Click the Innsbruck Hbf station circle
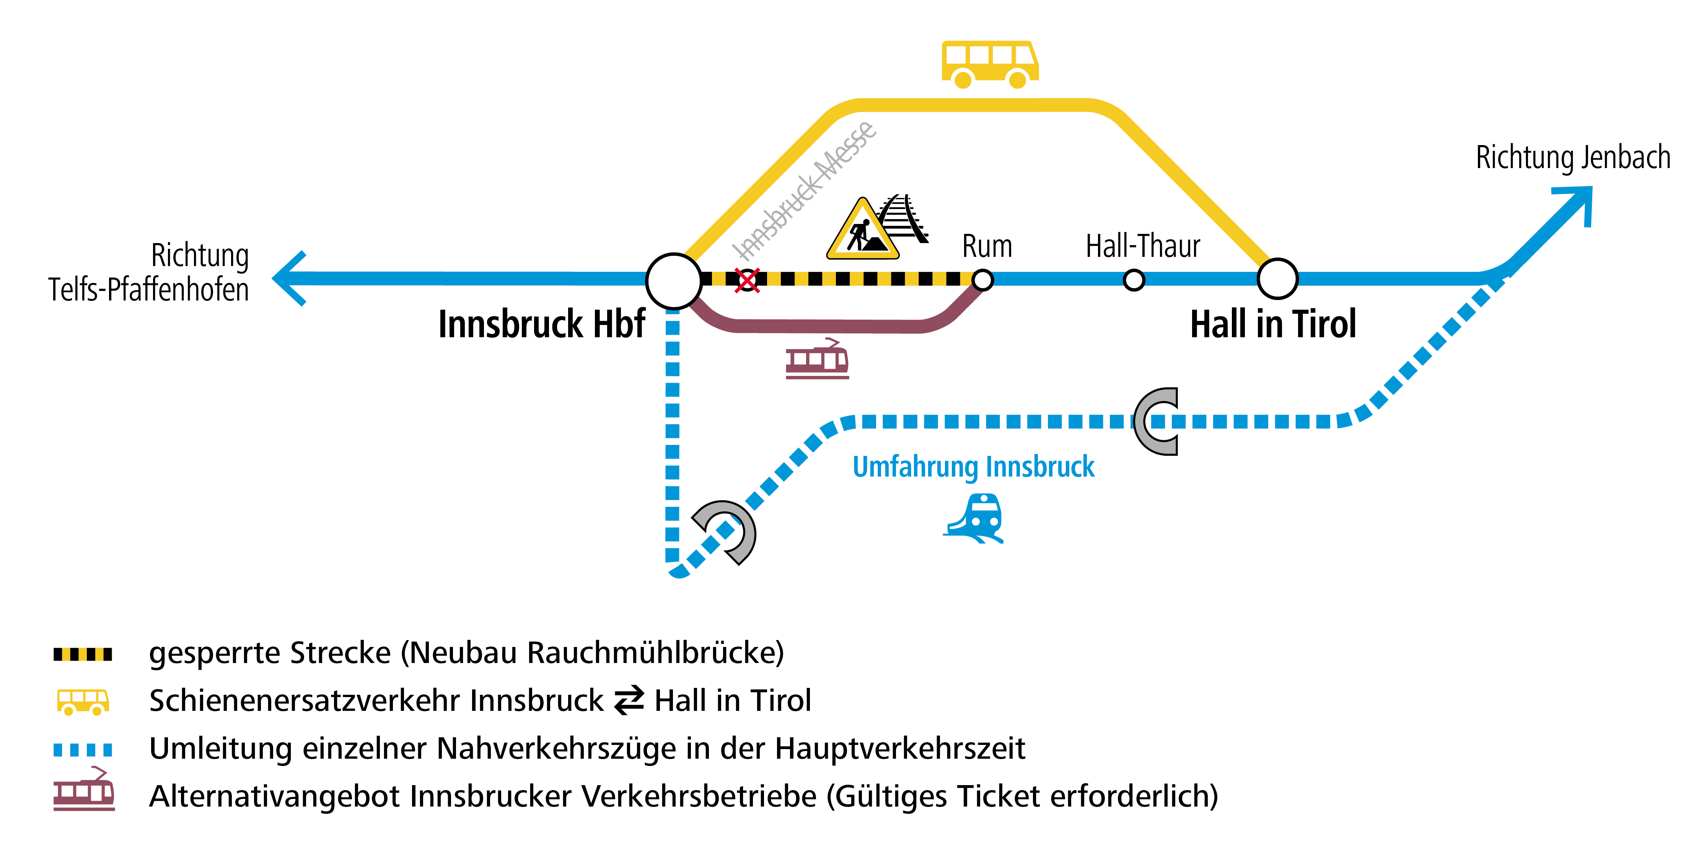673,280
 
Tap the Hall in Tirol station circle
1277,279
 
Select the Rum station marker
983,280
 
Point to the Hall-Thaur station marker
1134,280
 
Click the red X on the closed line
747,280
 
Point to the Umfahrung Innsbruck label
974,467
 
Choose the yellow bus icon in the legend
82,702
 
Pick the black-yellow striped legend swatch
82,655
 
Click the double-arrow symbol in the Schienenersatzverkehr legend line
629,701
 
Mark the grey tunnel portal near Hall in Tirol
1158,421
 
